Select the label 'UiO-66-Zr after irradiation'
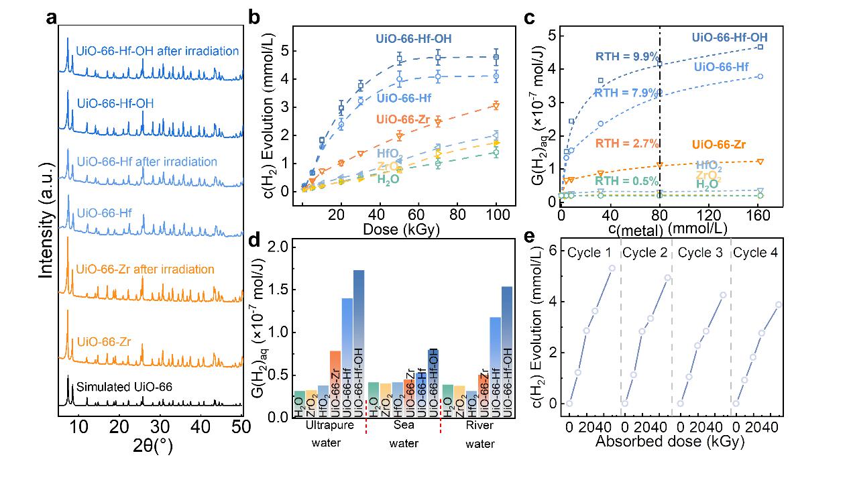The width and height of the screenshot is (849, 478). tap(146, 270)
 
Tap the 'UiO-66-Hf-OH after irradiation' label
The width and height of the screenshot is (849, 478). tap(158, 50)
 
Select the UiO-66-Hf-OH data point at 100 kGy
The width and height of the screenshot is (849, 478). tap(496, 57)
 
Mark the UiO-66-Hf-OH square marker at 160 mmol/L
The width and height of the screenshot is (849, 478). tap(760, 47)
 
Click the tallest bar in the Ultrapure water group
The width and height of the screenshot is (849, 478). tap(359, 343)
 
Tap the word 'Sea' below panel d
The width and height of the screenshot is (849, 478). tap(404, 426)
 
